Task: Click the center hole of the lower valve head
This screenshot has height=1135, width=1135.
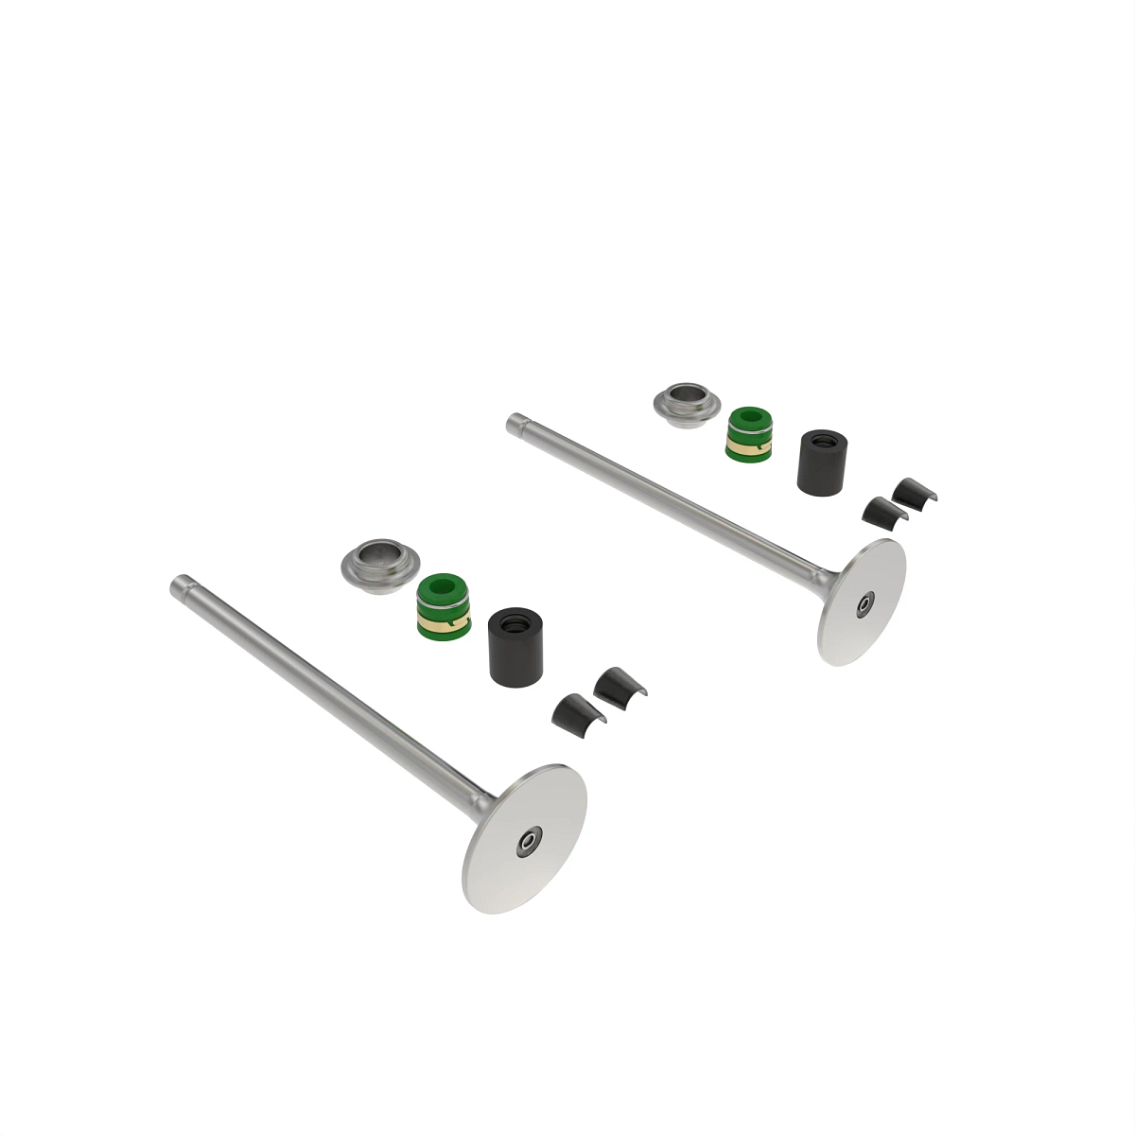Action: pyautogui.click(x=527, y=840)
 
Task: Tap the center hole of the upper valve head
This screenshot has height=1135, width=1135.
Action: pyautogui.click(x=865, y=602)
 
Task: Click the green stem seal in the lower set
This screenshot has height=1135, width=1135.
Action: pyautogui.click(x=442, y=605)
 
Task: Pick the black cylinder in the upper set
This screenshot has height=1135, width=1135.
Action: pyautogui.click(x=822, y=463)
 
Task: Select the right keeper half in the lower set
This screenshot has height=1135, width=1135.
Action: pyautogui.click(x=619, y=684)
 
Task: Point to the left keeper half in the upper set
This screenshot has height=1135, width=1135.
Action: pyautogui.click(x=879, y=510)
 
